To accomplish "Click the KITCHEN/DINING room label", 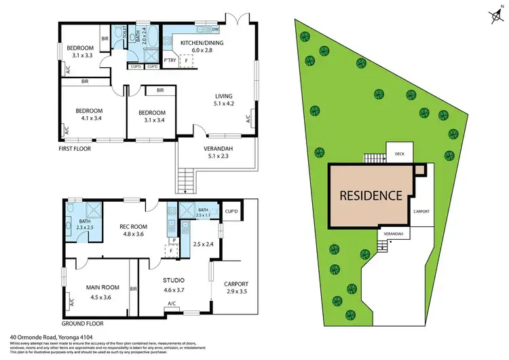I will tap(197, 46).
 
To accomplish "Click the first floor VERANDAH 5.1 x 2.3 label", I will tap(218, 153).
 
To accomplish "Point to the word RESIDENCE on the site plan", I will tap(371, 196).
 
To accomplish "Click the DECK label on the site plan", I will tap(399, 154).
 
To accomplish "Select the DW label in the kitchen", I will tap(214, 29).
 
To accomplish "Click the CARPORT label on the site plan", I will tap(421, 211).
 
